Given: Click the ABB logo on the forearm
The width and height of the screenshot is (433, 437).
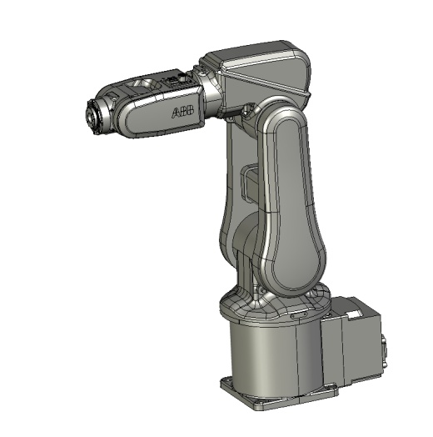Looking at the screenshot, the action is [183, 112].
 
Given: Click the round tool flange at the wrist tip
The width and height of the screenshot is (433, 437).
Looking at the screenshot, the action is [92, 118].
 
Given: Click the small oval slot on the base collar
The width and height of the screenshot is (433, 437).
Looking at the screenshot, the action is [300, 315].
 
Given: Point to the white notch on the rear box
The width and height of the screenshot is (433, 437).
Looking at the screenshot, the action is [355, 314].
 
